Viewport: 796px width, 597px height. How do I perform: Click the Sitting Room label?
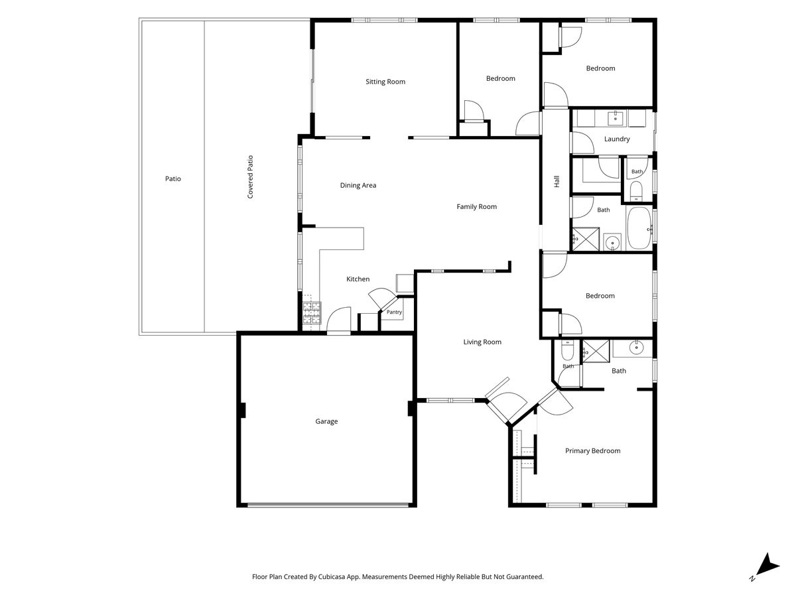click(385, 82)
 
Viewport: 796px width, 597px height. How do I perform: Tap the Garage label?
click(326, 421)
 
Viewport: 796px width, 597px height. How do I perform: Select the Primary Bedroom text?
click(592, 450)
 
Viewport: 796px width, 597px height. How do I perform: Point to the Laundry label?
click(617, 139)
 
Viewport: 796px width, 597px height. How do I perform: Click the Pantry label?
click(394, 312)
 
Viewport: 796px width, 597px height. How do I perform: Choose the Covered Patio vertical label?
click(250, 177)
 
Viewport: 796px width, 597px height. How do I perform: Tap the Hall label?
click(557, 181)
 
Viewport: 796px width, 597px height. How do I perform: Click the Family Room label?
click(476, 206)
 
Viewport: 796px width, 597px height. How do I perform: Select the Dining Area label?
click(358, 185)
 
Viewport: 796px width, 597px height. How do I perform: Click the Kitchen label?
click(358, 279)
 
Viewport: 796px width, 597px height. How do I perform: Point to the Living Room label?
click(482, 342)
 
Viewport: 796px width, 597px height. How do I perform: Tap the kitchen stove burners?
click(312, 312)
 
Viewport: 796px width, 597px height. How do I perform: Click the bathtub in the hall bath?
click(639, 228)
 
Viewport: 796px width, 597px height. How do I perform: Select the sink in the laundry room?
click(615, 119)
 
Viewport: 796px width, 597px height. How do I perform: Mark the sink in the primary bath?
click(636, 348)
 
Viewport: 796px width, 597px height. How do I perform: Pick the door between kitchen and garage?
click(339, 320)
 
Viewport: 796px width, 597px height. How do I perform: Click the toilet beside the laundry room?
click(636, 191)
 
